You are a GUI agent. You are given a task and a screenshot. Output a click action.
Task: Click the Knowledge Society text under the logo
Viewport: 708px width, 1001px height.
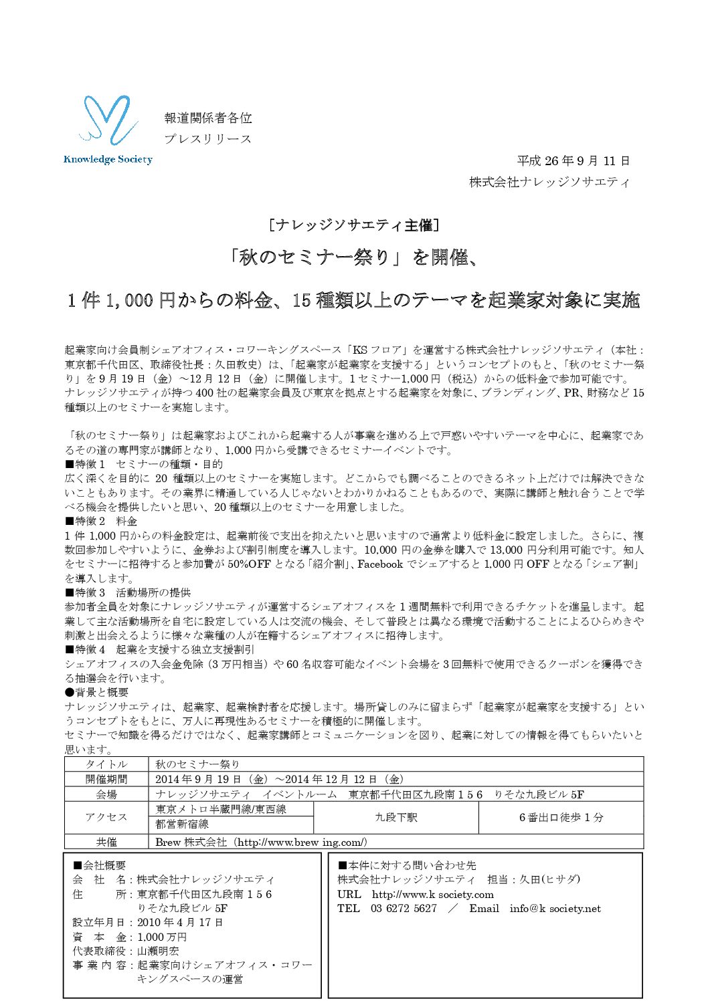[x=108, y=159]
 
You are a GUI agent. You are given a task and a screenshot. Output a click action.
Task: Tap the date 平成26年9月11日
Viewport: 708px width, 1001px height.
[x=573, y=161]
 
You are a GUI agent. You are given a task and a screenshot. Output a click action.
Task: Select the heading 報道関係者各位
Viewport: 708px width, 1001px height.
[x=208, y=118]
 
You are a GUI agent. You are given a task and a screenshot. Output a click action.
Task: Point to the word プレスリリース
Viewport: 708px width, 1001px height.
[x=208, y=139]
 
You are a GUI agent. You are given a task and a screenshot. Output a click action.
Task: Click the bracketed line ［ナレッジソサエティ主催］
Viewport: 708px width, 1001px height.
[x=353, y=225]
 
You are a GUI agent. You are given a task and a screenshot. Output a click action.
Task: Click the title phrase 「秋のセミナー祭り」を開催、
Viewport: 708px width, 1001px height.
[x=353, y=257]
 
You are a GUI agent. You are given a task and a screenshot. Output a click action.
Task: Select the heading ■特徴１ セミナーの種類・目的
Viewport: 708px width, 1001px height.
[x=143, y=464]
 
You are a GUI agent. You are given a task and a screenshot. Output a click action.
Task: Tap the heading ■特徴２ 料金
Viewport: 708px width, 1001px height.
[x=101, y=521]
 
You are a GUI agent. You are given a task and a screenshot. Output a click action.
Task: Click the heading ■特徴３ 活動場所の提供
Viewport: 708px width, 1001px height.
[x=127, y=592]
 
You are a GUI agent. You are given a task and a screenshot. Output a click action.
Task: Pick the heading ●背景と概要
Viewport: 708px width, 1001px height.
[x=96, y=692]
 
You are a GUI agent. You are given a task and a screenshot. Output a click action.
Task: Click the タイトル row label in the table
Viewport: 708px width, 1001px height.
[x=106, y=764]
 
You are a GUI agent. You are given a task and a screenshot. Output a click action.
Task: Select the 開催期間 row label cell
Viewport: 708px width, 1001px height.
[x=106, y=779]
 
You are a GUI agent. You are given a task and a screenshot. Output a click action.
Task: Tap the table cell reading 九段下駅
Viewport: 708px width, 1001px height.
[x=395, y=817]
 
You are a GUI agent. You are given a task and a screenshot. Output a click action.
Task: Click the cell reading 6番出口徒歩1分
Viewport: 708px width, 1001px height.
[x=561, y=817]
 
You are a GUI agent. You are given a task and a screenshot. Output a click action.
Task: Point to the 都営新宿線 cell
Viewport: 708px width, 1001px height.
[x=182, y=824]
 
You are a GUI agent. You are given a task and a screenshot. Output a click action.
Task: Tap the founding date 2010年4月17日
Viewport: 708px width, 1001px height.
[x=180, y=922]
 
